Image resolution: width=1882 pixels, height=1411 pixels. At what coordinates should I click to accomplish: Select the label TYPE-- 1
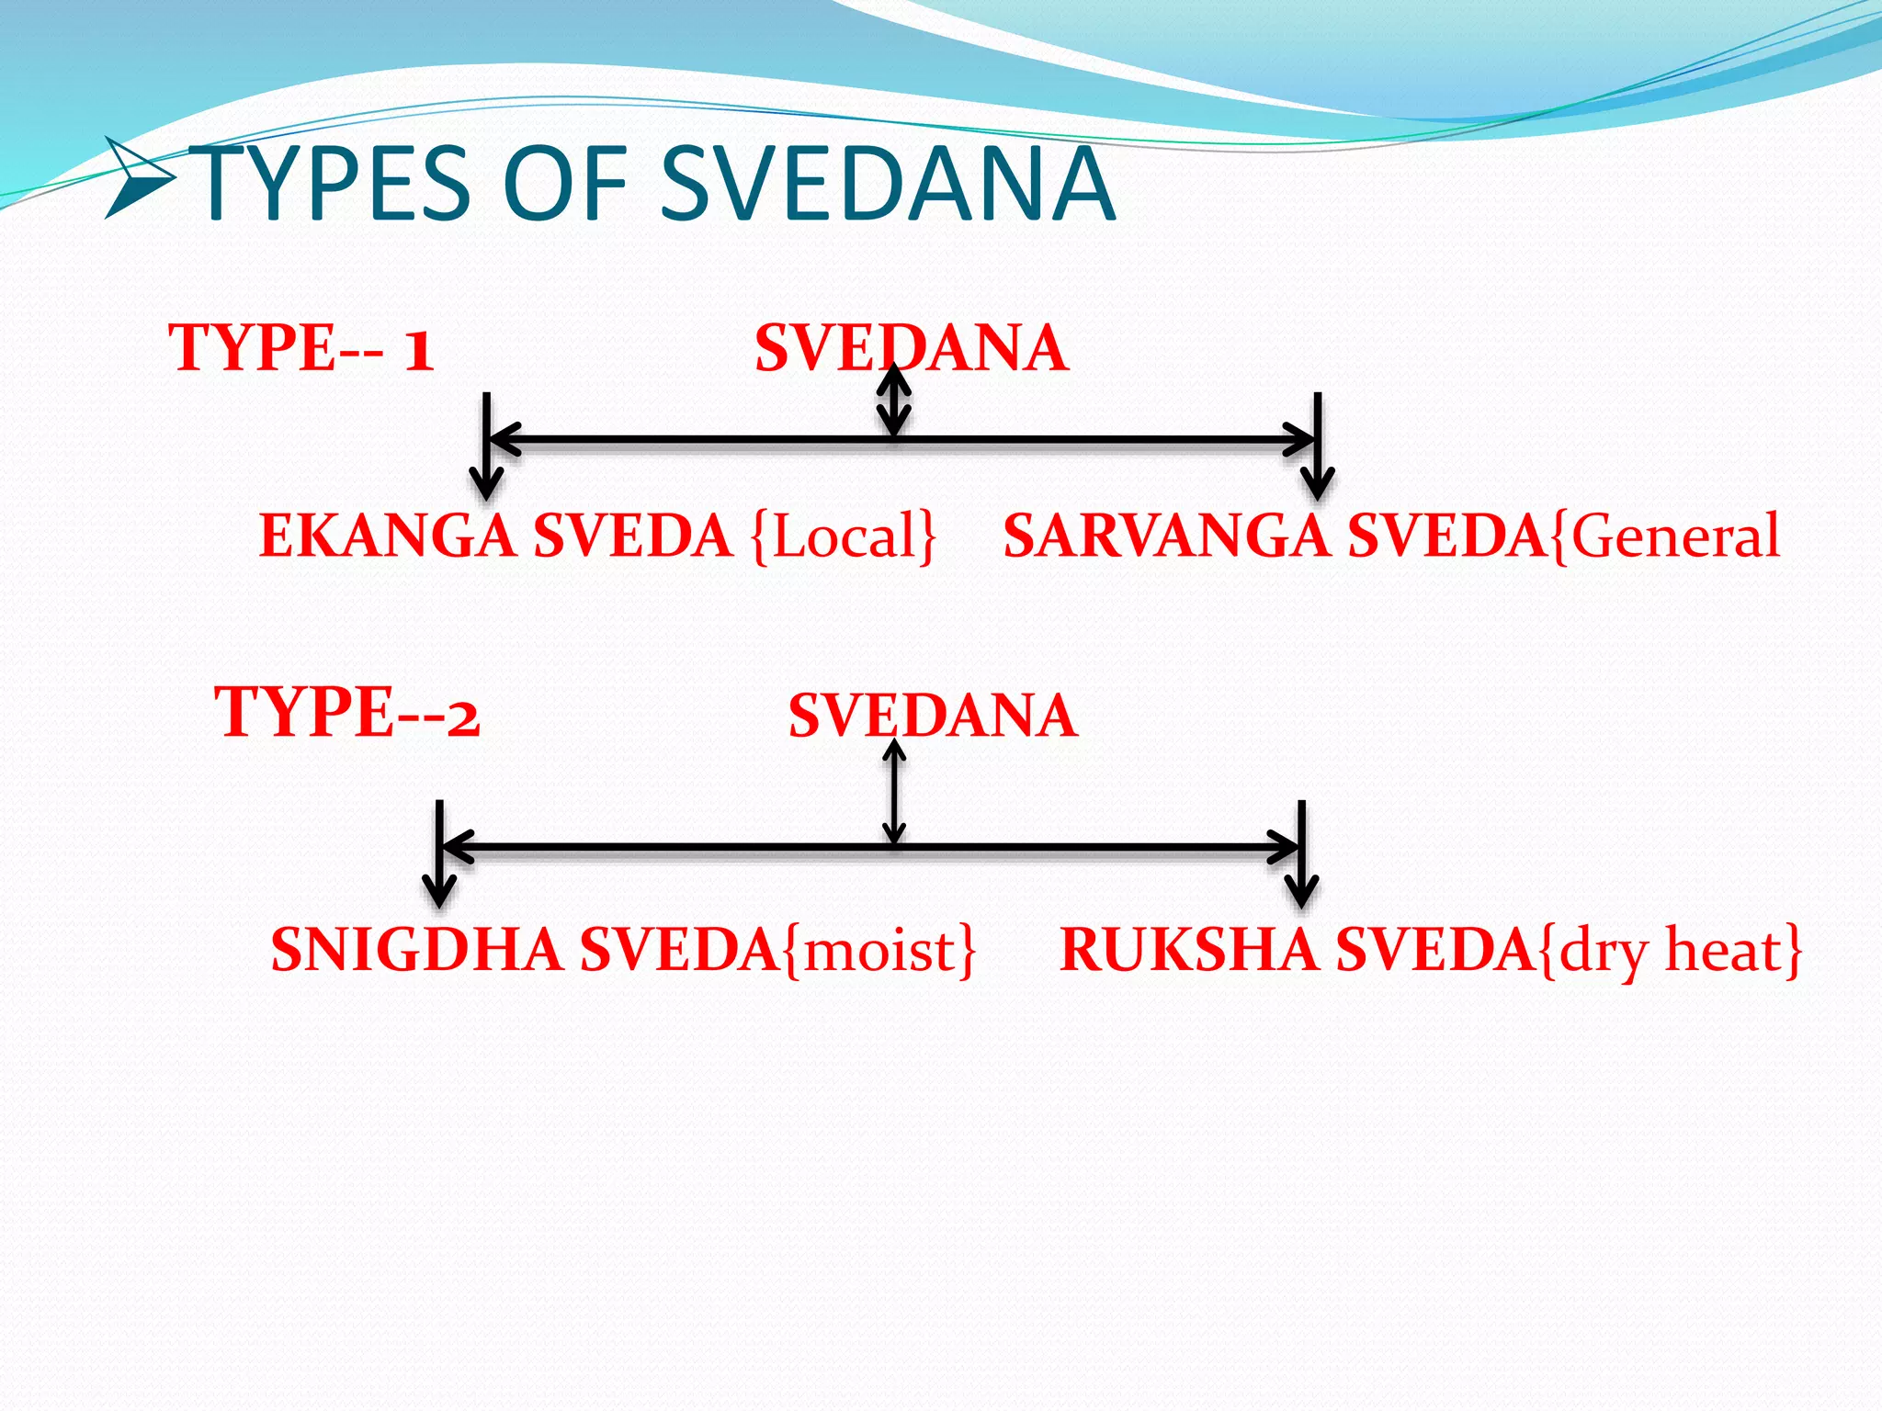[x=300, y=348]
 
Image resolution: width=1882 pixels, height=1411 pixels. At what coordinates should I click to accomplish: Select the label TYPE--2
[x=346, y=712]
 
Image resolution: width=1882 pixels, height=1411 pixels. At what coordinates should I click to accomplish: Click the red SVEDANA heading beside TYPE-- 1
[x=911, y=348]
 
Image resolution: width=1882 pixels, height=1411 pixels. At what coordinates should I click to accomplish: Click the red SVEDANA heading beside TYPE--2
[x=932, y=716]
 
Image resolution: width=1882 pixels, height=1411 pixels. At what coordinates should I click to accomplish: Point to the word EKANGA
[x=387, y=536]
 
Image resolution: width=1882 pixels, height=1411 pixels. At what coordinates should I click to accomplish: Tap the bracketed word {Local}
[x=844, y=536]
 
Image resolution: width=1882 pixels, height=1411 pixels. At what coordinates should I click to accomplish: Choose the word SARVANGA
[x=1165, y=536]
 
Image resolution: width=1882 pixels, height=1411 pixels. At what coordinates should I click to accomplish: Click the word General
[x=1675, y=536]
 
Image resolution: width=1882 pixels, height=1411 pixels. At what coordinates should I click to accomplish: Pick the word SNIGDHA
[x=416, y=949]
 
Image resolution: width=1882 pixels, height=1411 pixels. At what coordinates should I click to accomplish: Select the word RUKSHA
[x=1188, y=949]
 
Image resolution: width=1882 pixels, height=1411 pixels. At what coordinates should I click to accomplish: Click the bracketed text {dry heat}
[x=1668, y=951]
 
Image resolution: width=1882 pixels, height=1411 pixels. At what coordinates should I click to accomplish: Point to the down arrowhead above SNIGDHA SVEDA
[x=439, y=890]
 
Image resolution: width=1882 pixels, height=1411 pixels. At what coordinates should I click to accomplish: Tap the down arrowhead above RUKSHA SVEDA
[x=1301, y=890]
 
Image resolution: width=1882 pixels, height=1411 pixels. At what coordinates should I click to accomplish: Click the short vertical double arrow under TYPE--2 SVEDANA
[x=894, y=792]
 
